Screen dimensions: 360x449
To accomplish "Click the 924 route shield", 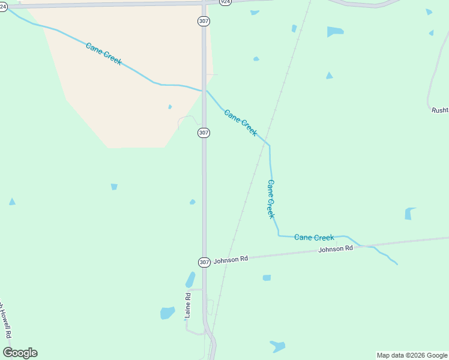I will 225,2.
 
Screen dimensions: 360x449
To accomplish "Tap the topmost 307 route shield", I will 203,21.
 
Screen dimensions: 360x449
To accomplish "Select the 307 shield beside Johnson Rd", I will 204,262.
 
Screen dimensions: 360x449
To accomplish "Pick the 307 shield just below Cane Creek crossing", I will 203,132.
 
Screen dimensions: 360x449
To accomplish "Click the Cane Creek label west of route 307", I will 103,53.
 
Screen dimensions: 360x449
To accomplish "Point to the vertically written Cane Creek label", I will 271,199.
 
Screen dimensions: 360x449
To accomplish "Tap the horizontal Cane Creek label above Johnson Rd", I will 314,238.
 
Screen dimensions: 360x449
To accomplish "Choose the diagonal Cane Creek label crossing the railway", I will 241,122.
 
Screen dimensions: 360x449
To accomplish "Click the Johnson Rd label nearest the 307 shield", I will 231,259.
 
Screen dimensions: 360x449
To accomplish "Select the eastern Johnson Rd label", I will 336,248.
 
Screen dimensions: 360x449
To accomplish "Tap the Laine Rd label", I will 188,305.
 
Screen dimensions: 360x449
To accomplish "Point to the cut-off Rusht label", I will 439,110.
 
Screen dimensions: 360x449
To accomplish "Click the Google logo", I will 20,353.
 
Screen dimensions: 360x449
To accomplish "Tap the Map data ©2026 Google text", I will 412,355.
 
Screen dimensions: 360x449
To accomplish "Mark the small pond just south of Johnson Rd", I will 267,278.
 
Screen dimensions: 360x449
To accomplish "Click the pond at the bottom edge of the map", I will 277,346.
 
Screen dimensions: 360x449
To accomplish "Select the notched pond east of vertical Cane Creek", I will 410,214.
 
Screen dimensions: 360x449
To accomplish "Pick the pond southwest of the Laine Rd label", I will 167,313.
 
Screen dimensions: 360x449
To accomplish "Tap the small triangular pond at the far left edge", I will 12,202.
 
